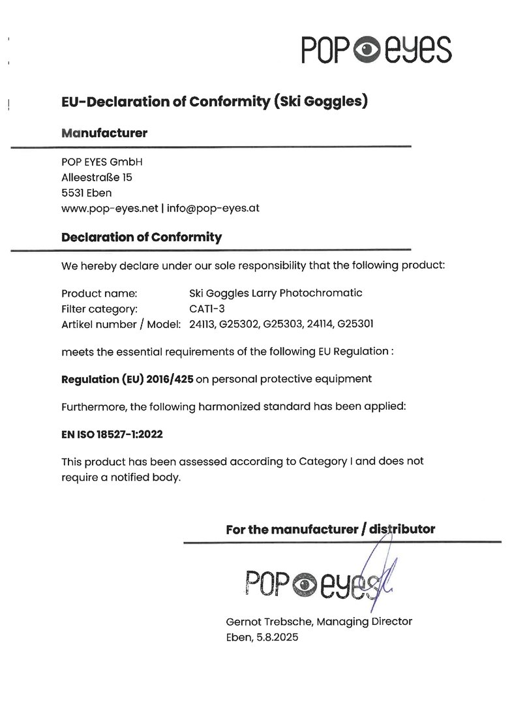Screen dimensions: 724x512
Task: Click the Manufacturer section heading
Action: coord(104,133)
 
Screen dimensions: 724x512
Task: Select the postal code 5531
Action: coord(72,192)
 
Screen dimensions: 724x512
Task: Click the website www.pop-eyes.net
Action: coord(110,209)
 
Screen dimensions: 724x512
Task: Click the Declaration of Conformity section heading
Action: coord(141,237)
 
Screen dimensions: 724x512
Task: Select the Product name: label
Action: coord(99,293)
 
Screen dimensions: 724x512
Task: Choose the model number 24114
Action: coord(321,324)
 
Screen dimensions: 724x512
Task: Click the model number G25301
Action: coord(357,324)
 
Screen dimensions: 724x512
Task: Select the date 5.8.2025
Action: coord(274,638)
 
